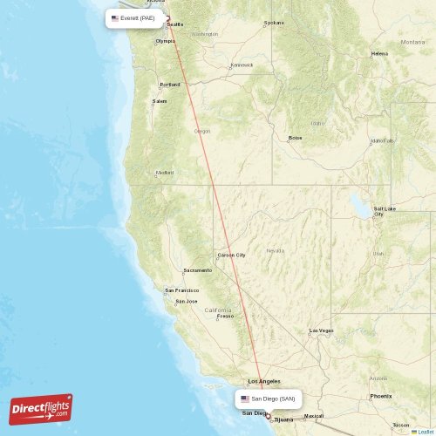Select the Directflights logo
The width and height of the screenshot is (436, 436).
41,408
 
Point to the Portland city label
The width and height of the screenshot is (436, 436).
170,85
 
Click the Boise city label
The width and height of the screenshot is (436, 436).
296,138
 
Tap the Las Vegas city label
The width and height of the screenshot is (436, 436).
322,330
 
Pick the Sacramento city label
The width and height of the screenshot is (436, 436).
197,270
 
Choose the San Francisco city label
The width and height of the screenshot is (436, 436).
182,290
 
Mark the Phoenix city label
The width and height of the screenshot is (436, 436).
380,396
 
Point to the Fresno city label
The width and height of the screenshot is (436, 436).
225,316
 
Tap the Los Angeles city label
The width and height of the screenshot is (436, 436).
264,381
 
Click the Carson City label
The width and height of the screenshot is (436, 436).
232,255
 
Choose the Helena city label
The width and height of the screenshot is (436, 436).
379,53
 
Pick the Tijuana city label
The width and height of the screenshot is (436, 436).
283,419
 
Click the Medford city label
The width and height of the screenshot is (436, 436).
165,173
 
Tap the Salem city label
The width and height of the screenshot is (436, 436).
160,101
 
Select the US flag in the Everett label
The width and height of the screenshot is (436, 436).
115,17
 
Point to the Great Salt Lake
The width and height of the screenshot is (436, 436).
360,208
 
